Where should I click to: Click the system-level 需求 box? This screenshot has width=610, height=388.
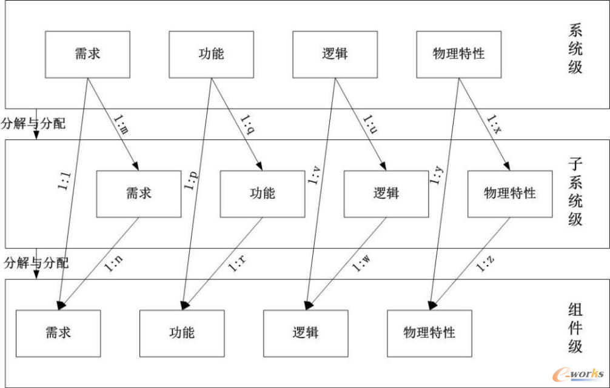(88, 55)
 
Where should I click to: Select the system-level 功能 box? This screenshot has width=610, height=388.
(211, 55)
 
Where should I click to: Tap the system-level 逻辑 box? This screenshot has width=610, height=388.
(335, 55)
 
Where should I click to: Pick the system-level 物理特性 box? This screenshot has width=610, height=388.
(459, 55)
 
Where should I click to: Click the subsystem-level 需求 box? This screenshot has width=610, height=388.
(139, 194)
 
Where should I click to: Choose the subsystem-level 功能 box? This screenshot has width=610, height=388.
(263, 194)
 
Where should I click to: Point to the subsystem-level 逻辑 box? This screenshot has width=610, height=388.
(386, 194)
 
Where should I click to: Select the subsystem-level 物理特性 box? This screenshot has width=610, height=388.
(510, 194)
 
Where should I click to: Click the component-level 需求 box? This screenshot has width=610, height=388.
(58, 333)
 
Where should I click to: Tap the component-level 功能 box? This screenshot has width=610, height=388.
(182, 333)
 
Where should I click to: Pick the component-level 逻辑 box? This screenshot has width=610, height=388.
(306, 333)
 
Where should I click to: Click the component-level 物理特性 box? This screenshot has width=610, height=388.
(429, 333)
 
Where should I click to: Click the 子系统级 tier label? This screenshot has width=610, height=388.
(575, 191)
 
